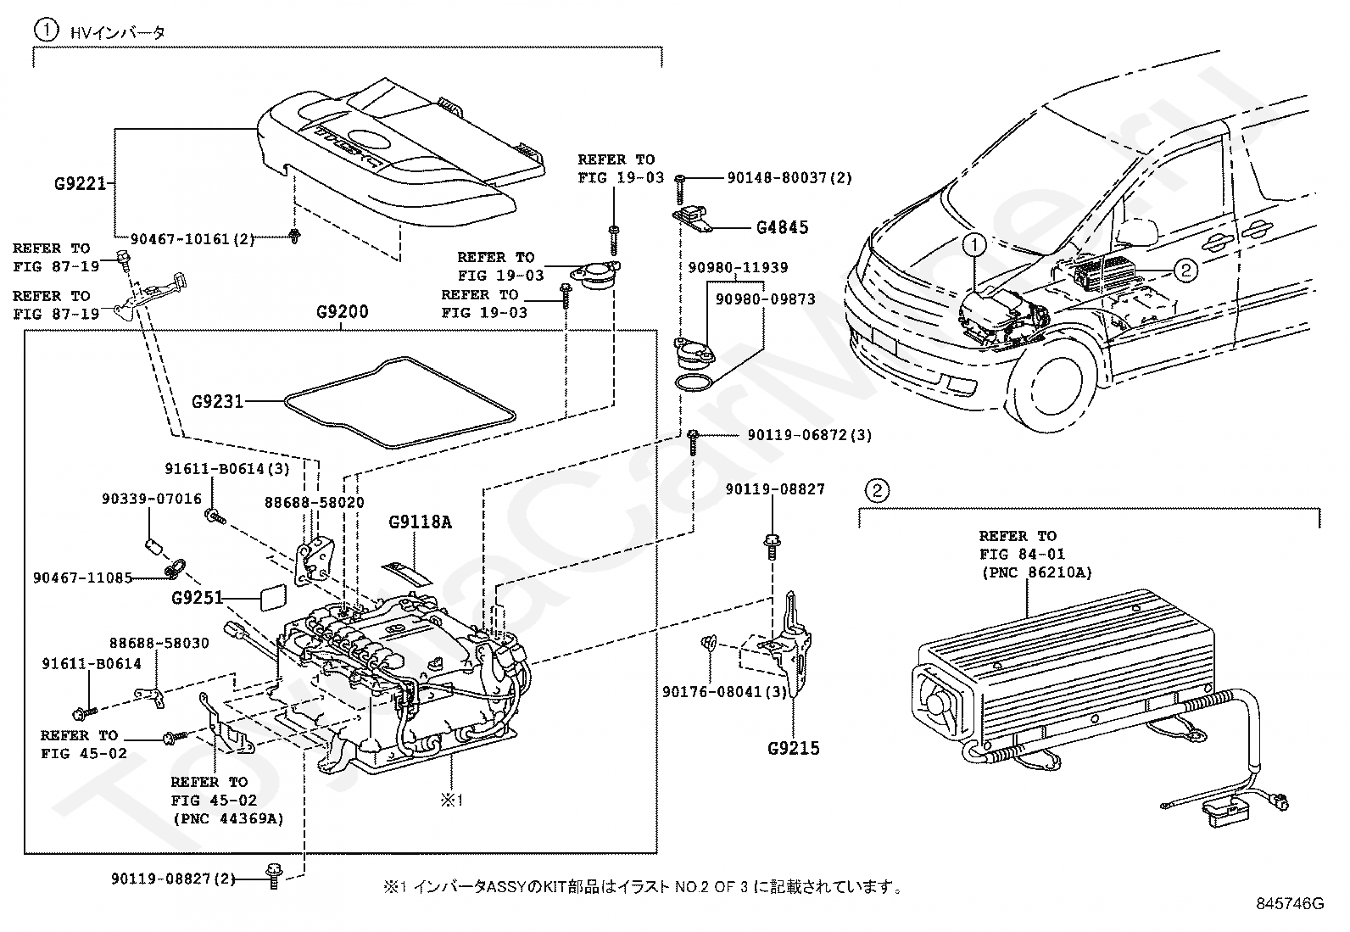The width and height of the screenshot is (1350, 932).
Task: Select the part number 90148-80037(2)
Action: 789,178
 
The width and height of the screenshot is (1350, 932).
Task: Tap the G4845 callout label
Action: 782,227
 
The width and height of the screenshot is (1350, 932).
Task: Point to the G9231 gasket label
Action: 217,400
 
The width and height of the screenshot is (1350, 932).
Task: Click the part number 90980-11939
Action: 738,268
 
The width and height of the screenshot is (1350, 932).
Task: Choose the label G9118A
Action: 420,522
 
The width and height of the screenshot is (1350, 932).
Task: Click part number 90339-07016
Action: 152,499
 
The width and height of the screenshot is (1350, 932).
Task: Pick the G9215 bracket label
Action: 793,748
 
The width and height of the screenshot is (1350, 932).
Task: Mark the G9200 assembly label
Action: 343,312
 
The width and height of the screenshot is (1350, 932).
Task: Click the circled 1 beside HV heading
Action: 45,31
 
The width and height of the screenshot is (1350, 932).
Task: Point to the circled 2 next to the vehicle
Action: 1185,271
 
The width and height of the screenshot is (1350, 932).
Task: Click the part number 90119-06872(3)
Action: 809,435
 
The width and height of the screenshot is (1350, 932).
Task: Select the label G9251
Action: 197,598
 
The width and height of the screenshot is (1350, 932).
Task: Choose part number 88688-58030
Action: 159,644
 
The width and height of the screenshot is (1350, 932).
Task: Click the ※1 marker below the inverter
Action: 449,799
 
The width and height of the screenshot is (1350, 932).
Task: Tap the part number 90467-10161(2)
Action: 192,239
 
